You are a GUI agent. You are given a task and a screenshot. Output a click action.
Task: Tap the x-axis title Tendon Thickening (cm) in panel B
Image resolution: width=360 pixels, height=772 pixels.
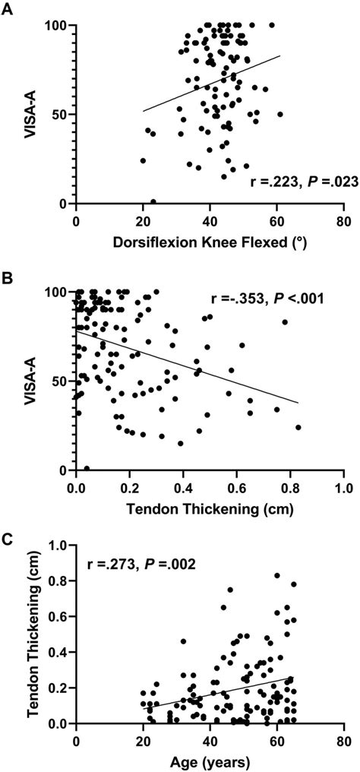209,508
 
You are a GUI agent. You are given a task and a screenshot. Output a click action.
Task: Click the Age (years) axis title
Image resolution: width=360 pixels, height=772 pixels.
209,762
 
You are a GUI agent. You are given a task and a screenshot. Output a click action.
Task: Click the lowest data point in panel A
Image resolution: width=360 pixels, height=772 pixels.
153,202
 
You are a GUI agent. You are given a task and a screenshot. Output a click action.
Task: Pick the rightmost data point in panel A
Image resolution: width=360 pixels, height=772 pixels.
279,114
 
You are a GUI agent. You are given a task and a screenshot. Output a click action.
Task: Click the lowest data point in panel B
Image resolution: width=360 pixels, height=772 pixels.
87,469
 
